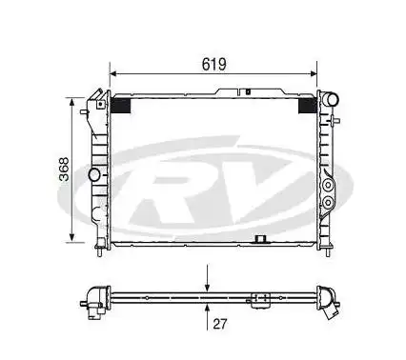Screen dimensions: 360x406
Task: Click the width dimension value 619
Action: tap(213, 64)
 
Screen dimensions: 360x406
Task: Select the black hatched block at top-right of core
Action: tap(308, 106)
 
